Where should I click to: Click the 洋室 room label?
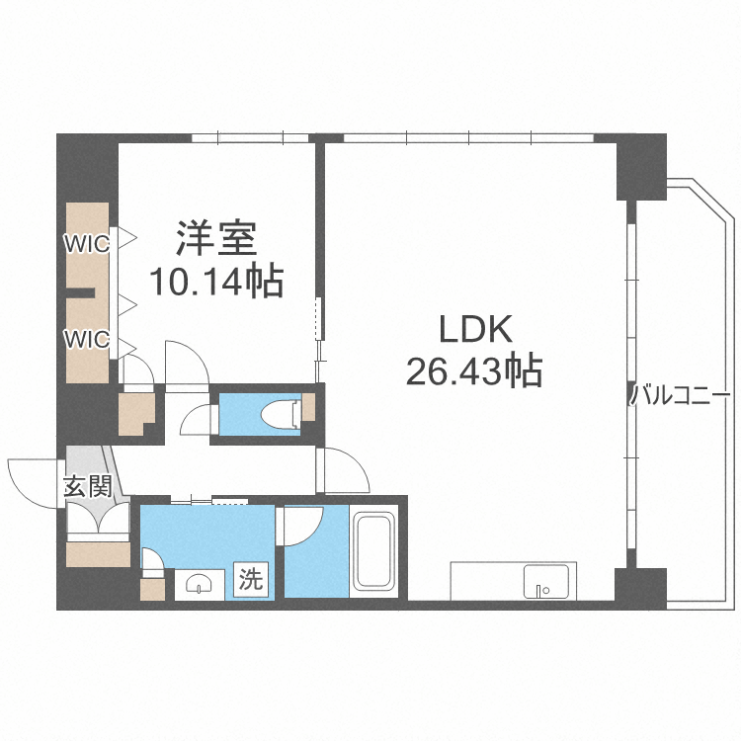point(216,239)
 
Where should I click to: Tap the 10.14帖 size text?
point(216,282)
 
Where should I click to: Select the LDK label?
point(476,329)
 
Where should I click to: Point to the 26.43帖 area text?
point(474,370)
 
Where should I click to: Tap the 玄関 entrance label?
point(88,486)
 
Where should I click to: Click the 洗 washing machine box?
point(251,578)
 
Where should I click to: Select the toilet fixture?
point(282,414)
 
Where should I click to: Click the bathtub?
point(375,551)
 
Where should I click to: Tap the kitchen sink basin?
point(545,581)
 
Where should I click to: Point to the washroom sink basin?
point(199,585)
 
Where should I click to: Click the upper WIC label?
point(87,244)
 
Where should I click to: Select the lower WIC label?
point(87,339)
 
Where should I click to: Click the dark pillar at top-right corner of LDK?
point(642,166)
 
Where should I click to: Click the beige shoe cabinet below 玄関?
point(98,554)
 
